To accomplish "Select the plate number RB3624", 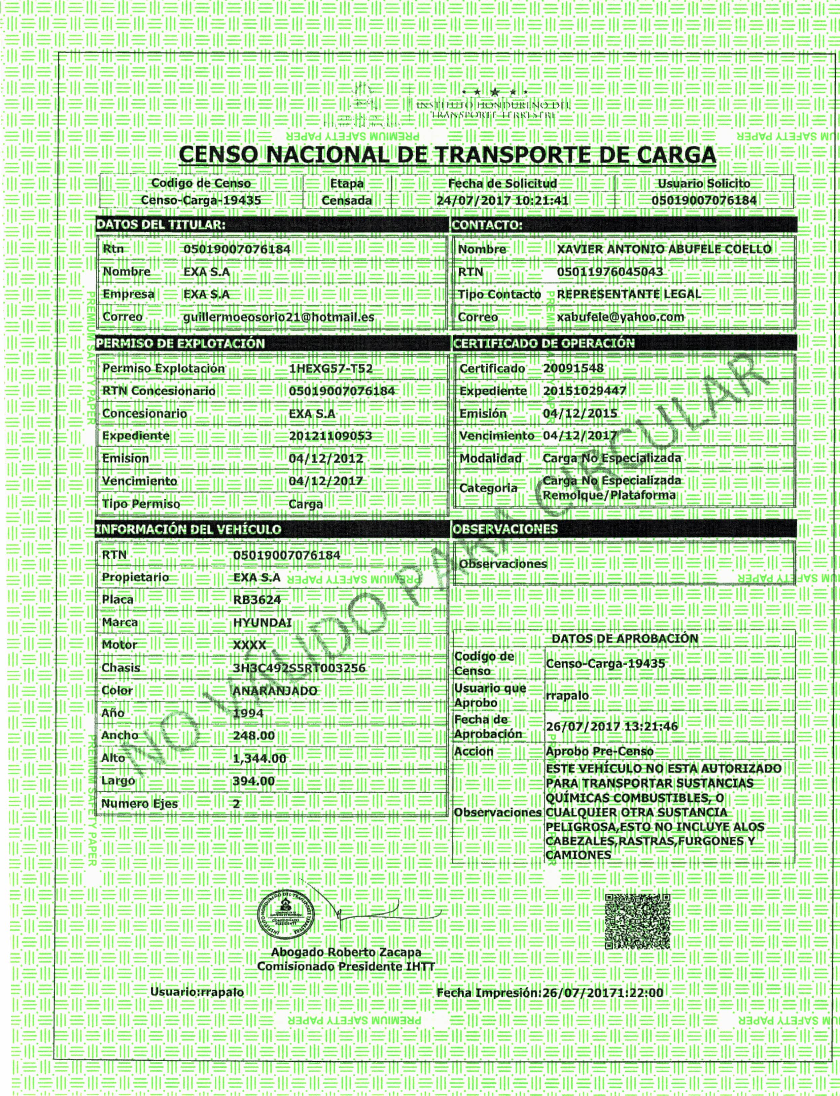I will (257, 600).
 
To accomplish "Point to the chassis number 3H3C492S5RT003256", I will (299, 668).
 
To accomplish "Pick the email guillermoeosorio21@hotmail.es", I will (279, 317).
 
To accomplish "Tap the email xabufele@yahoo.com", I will (620, 317).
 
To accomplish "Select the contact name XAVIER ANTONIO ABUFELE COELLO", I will (664, 249).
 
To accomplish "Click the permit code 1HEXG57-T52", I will (330, 369).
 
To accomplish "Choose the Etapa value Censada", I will (347, 201).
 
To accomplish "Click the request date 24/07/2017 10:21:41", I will (502, 201).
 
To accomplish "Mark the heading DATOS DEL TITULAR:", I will (161, 225).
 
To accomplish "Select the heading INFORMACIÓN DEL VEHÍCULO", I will (188, 529).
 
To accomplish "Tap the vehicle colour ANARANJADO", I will (275, 691).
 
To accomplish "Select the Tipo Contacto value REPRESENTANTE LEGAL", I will (629, 294).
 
